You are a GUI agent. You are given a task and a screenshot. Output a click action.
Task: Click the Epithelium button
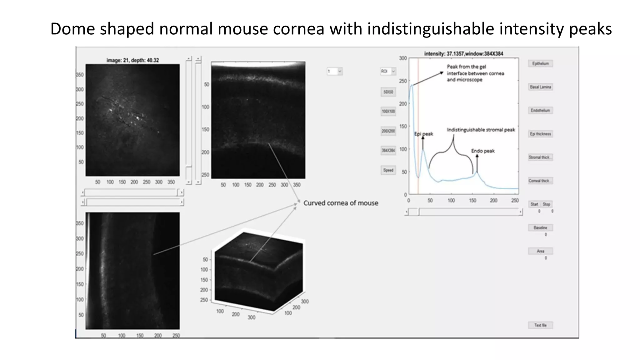coord(540,63)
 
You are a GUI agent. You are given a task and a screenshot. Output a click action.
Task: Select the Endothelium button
coord(540,110)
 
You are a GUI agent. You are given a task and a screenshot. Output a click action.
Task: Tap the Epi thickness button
coord(540,134)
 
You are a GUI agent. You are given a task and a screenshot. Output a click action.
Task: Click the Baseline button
coord(540,227)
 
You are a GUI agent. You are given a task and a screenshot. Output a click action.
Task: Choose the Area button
coord(540,251)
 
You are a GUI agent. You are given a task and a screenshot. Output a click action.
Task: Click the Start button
coord(534,204)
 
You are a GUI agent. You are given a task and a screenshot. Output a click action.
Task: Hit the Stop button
coord(547,204)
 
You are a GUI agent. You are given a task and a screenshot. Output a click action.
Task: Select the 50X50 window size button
coord(388,92)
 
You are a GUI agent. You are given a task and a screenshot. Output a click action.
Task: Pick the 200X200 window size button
coord(388,131)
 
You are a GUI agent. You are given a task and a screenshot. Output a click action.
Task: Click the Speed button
coord(388,170)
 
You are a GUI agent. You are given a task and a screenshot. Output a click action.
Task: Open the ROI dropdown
coord(388,71)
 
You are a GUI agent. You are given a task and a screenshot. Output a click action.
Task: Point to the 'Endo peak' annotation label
coord(483,151)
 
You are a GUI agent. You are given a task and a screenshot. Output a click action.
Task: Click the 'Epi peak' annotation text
coord(424,134)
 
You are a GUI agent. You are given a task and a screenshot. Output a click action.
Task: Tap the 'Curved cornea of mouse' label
coord(341,203)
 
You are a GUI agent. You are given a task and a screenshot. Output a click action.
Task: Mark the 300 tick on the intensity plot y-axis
coord(403,58)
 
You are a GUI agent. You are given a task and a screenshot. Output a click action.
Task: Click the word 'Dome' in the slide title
coord(72,29)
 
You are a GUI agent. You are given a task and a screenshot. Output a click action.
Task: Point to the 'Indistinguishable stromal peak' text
coord(481,130)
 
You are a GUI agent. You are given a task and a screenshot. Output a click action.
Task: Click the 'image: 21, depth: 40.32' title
coord(132,60)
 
